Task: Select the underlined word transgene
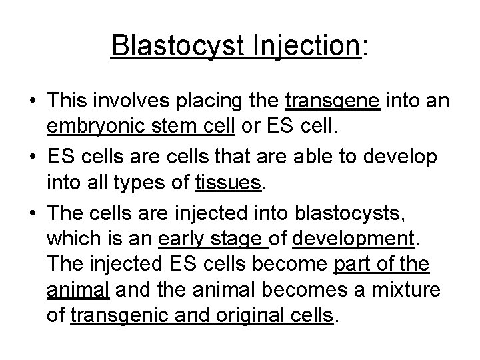(x=333, y=101)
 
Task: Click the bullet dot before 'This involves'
(x=32, y=101)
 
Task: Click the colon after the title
(x=364, y=48)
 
